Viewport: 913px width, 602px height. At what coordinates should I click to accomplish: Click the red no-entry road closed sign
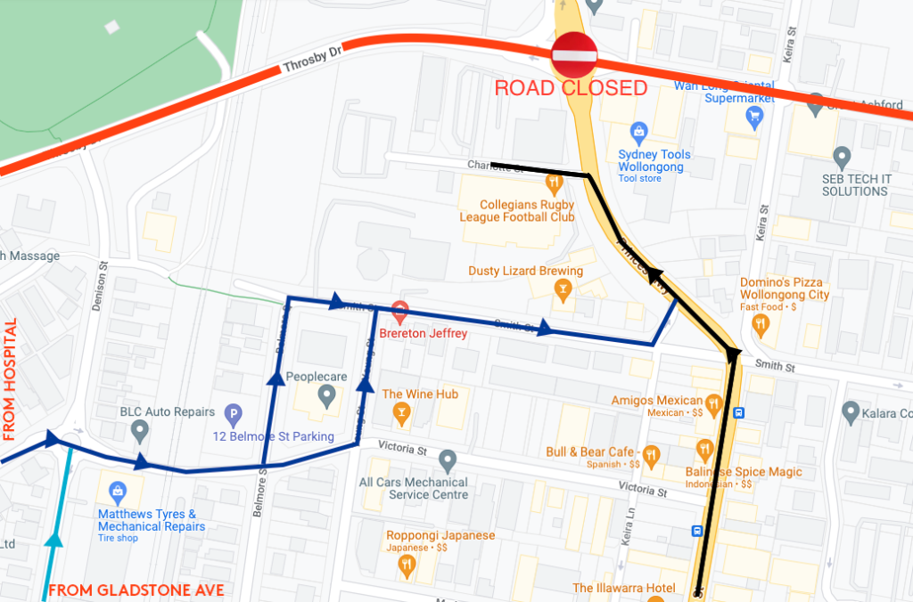573,55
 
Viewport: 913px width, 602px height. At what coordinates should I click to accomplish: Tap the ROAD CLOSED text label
571,88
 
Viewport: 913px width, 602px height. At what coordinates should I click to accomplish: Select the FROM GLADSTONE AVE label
136,590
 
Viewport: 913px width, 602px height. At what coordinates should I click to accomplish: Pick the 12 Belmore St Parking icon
233,413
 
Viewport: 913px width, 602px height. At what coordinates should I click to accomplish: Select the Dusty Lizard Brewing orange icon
562,289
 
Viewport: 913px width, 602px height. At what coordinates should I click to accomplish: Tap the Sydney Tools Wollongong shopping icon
638,134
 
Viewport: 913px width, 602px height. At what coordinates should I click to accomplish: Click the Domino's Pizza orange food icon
761,324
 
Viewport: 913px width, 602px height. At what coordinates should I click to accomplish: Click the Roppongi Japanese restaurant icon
407,563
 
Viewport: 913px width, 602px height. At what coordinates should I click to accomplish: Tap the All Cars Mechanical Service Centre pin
448,460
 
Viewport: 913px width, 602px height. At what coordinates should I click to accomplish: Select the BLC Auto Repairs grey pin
139,431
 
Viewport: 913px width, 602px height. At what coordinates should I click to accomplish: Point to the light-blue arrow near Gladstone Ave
55,538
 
